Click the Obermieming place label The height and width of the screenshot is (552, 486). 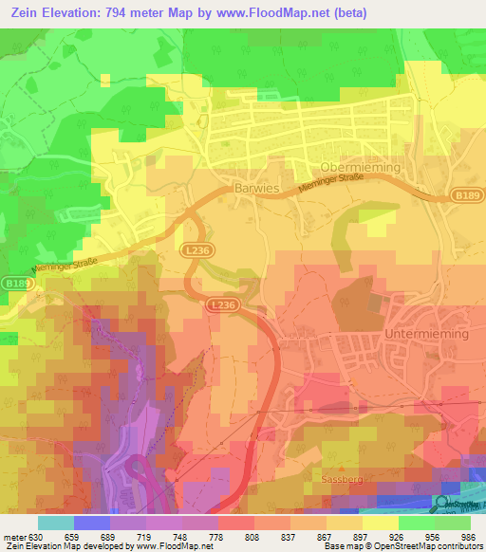361,167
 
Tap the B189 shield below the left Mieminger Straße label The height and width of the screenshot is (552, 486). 12,284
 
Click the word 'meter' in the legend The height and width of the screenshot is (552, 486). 14,536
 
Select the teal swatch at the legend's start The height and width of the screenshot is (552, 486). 55,523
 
